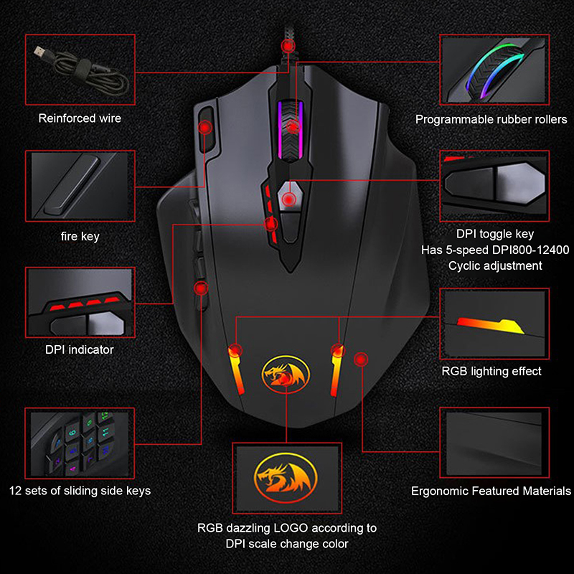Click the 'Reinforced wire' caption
click(80, 118)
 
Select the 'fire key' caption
click(80, 235)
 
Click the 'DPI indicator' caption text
click(80, 349)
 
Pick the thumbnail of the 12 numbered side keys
click(80, 443)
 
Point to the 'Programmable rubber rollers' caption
click(491, 120)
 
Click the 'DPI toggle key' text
click(495, 234)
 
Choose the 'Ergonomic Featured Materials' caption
click(491, 491)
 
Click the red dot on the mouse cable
click(288, 46)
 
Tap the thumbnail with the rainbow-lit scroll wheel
click(495, 69)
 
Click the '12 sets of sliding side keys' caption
click(80, 491)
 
